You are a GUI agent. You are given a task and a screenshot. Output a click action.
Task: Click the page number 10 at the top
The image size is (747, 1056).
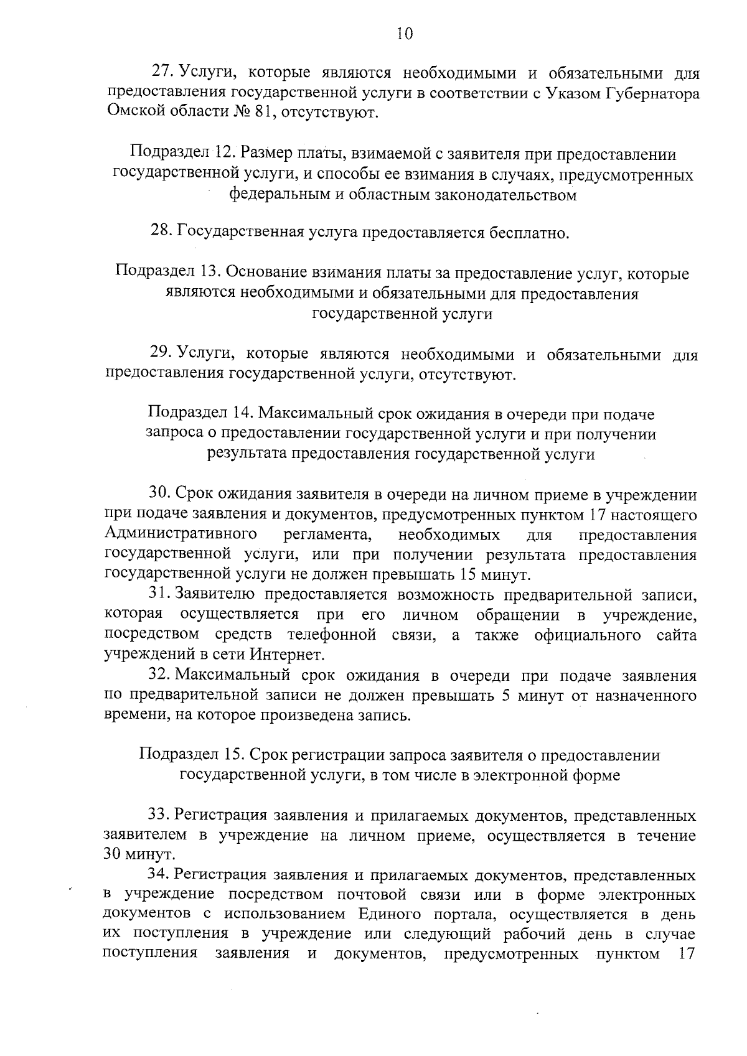(x=404, y=34)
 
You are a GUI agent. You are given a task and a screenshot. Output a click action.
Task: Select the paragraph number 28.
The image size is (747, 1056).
(x=161, y=233)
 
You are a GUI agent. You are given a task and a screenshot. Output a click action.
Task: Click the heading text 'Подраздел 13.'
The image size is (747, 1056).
(x=167, y=273)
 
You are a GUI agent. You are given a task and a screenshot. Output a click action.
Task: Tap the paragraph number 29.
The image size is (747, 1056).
(x=160, y=354)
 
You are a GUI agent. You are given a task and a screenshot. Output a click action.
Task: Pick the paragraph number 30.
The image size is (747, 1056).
(x=159, y=495)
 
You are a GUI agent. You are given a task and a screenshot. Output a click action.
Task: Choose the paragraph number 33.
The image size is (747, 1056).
(x=158, y=815)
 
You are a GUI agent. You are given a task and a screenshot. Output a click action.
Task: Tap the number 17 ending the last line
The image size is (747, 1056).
(x=685, y=954)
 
